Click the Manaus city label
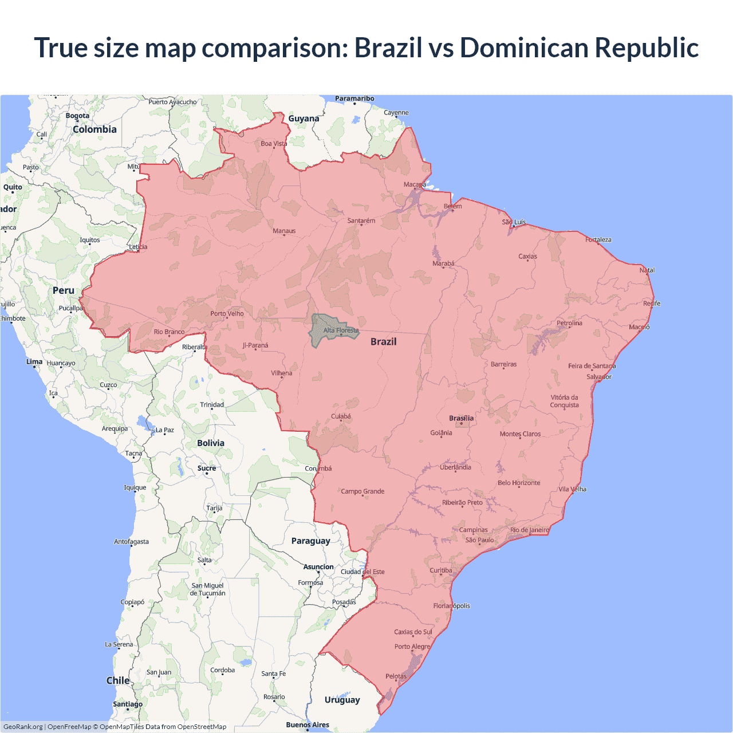coord(284,231)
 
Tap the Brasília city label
coord(462,418)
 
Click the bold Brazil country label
coord(383,342)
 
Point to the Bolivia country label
coord(211,443)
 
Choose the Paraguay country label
coord(310,541)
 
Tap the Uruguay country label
coord(342,700)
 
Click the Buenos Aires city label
coord(308,725)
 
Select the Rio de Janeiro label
coord(530,530)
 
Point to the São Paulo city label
coord(479,540)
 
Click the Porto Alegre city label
coord(412,647)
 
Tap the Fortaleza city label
coord(598,240)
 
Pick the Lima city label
coord(34,362)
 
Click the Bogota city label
coord(77,116)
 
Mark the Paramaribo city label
coord(354,98)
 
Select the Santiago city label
coord(128,704)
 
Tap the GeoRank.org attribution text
coord(23,727)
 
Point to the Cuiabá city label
coord(341,416)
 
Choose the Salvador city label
coord(599,377)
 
